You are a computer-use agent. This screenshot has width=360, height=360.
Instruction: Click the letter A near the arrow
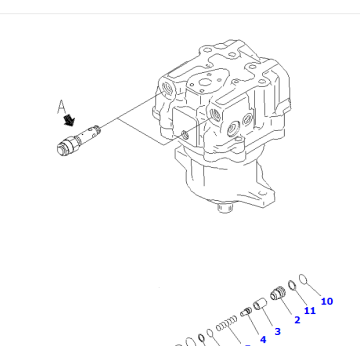point(63,103)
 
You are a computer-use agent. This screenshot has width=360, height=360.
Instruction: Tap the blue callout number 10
point(326,300)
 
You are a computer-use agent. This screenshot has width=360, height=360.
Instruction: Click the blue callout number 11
point(310,311)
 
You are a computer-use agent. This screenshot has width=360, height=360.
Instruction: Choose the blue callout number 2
point(296,321)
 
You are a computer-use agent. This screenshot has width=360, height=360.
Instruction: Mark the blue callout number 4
point(262,341)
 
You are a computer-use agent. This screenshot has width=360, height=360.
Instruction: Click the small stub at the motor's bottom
point(225,211)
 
